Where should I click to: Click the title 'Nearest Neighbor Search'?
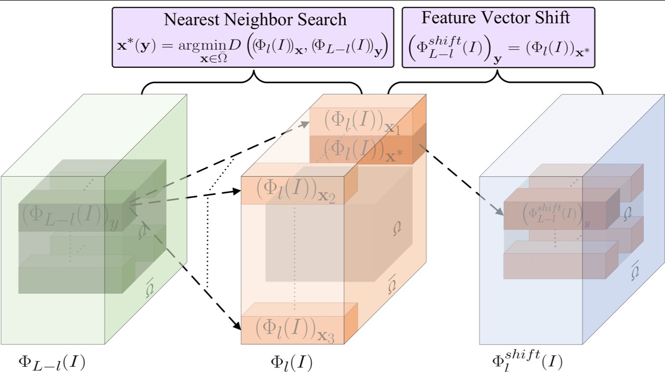click(x=255, y=20)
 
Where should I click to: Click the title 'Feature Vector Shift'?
click(x=495, y=18)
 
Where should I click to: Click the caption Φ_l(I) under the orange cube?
click(x=291, y=361)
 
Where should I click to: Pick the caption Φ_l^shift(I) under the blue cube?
click(x=526, y=360)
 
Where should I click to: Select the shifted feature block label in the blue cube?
click(x=555, y=215)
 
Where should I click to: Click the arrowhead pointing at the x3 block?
click(x=237, y=326)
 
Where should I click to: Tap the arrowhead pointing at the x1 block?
click(x=305, y=123)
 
